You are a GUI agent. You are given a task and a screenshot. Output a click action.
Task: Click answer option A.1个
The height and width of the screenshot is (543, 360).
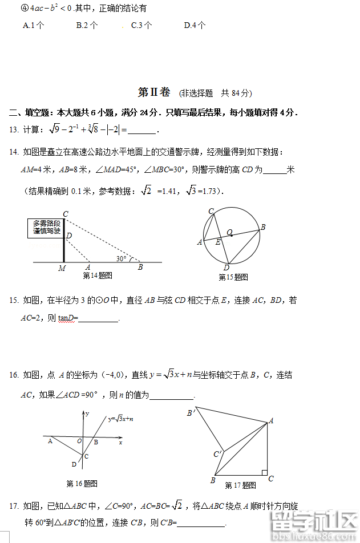[x=34, y=26]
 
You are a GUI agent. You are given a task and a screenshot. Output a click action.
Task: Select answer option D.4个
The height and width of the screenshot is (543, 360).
[x=195, y=26]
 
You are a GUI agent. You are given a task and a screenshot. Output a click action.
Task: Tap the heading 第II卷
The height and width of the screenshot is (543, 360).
[x=154, y=92]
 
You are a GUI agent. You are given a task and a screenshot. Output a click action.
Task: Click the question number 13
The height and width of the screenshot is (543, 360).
[x=14, y=130]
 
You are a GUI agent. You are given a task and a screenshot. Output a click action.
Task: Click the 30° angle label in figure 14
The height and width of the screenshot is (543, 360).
[x=122, y=258]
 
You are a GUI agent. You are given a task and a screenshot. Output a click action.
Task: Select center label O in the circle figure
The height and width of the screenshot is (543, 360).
[x=229, y=232]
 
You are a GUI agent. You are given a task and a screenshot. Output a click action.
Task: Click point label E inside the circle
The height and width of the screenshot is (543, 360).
[x=217, y=242]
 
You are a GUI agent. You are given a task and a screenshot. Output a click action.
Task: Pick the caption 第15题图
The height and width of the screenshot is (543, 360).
[x=234, y=277]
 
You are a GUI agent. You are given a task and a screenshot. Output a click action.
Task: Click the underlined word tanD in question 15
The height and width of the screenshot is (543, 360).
[x=67, y=318]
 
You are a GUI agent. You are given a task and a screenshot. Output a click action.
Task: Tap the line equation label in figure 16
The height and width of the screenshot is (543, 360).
[x=120, y=419]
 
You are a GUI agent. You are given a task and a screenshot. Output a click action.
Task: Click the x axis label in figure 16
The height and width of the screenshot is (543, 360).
[x=120, y=442]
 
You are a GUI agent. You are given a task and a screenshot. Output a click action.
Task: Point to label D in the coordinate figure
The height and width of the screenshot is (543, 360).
[x=74, y=464]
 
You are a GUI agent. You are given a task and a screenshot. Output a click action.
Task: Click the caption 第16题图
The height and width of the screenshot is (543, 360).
[x=82, y=484]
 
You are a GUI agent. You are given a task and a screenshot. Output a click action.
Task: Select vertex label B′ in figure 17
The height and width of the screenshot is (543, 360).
[x=191, y=412]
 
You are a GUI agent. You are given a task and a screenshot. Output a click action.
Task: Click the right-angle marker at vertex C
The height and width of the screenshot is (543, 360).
[x=264, y=472]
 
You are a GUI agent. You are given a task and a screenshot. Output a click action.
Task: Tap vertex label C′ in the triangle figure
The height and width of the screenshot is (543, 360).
[x=217, y=454]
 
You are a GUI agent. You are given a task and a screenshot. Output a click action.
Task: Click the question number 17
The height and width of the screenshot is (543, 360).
[x=14, y=506]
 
